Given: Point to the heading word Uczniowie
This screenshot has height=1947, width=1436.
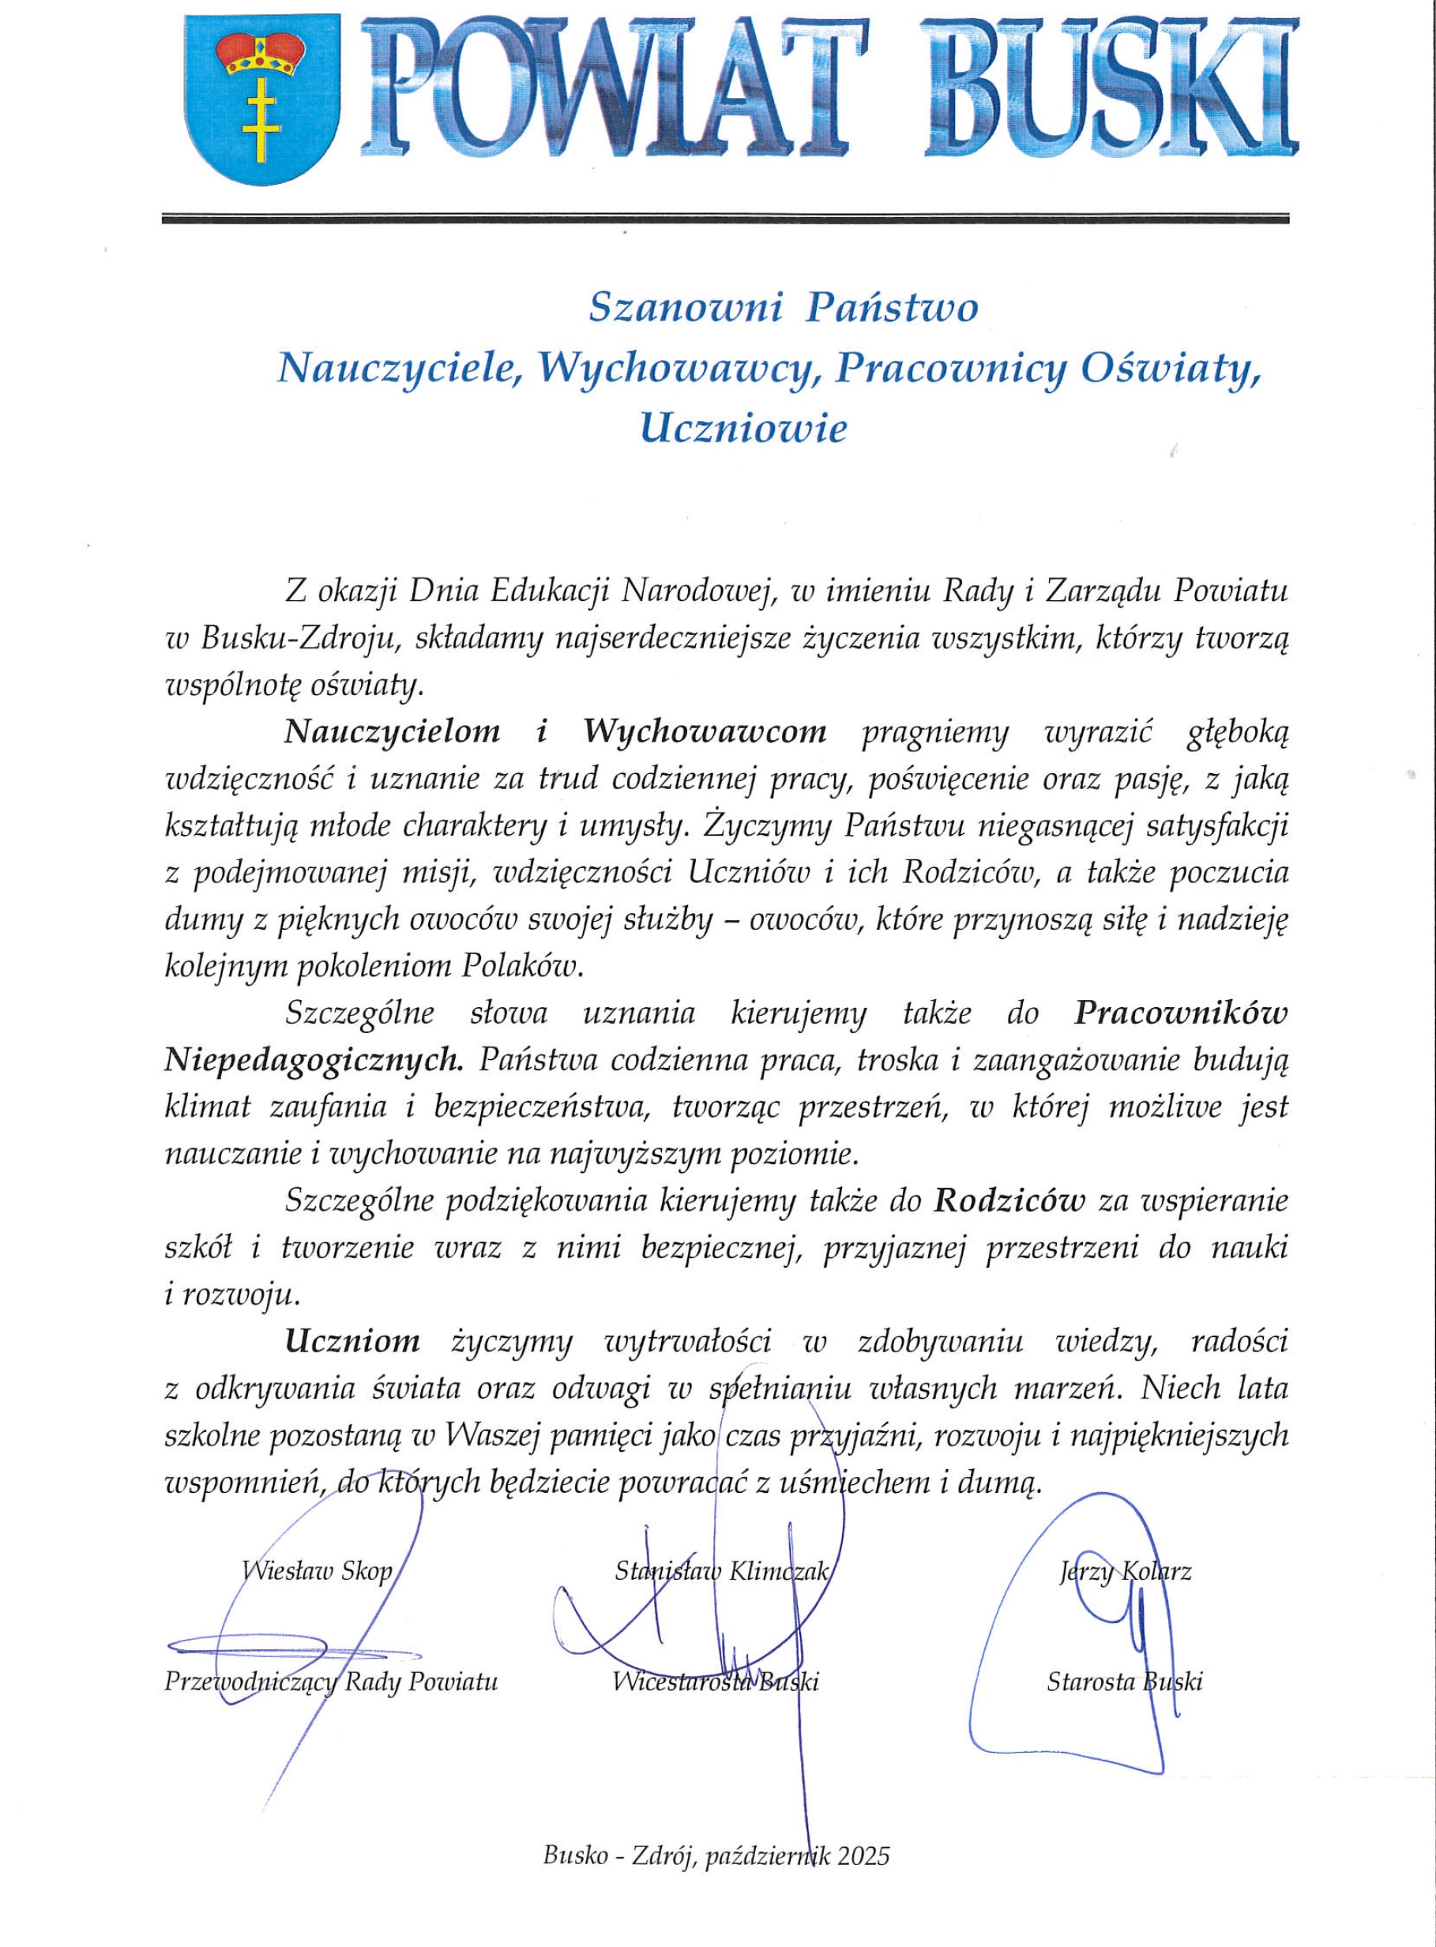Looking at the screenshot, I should click(x=743, y=430).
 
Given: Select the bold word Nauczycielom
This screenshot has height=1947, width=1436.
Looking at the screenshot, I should click(x=392, y=732).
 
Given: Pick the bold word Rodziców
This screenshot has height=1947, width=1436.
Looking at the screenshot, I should click(x=1011, y=1201).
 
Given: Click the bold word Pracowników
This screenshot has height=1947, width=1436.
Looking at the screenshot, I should click(x=1180, y=1013).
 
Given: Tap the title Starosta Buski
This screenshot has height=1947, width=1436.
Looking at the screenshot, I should click(x=1124, y=1682).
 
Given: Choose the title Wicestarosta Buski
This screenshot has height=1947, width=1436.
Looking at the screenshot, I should click(x=716, y=1682).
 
